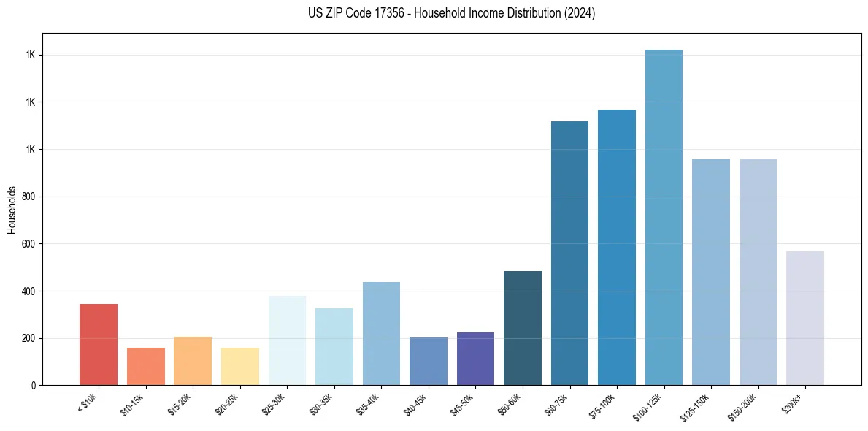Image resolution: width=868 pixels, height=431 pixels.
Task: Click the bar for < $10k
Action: (x=99, y=344)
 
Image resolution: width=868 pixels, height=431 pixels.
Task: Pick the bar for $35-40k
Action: (x=381, y=333)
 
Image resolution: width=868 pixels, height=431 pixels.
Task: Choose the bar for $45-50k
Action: (x=475, y=359)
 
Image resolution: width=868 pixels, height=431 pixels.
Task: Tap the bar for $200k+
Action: (x=805, y=318)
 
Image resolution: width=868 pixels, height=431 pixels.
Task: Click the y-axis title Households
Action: (x=12, y=209)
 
